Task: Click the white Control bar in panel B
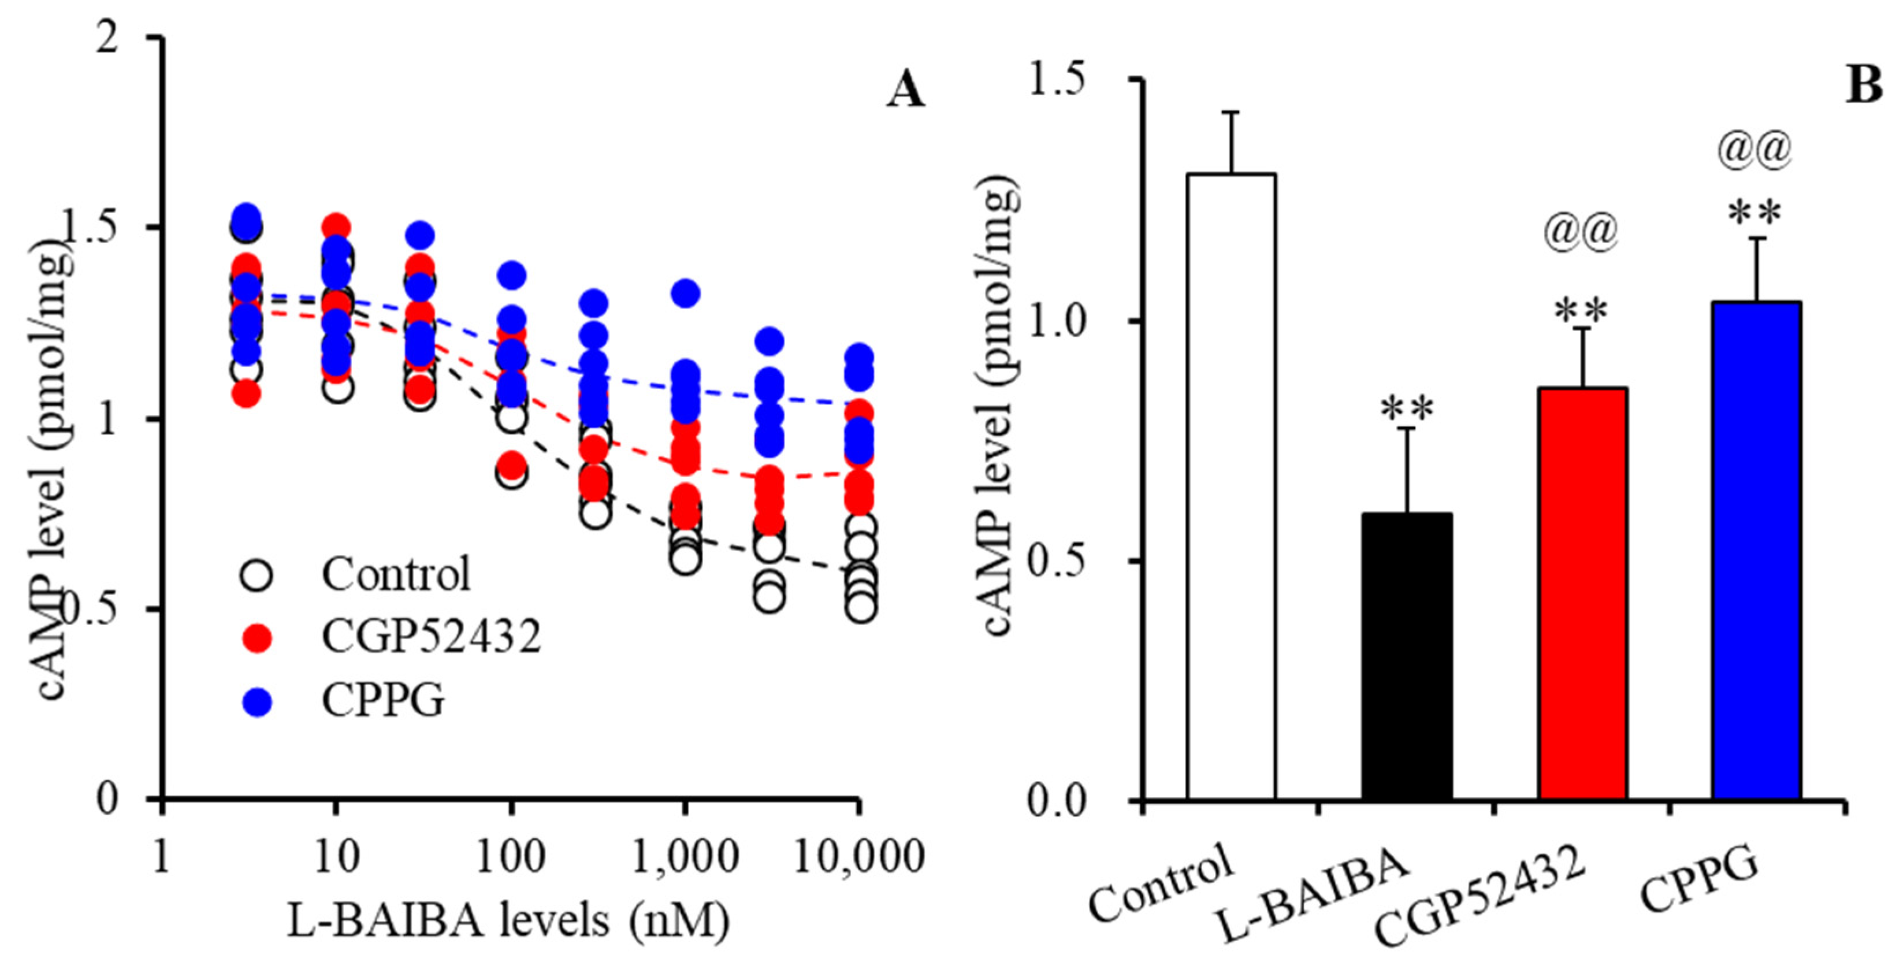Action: (x=1230, y=486)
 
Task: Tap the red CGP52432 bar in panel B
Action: (x=1582, y=593)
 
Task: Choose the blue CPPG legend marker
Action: (x=257, y=701)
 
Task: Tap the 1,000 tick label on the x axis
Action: (x=685, y=857)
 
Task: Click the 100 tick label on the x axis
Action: (x=510, y=857)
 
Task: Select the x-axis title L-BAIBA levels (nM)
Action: (x=508, y=920)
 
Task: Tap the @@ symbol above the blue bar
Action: (x=1754, y=150)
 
